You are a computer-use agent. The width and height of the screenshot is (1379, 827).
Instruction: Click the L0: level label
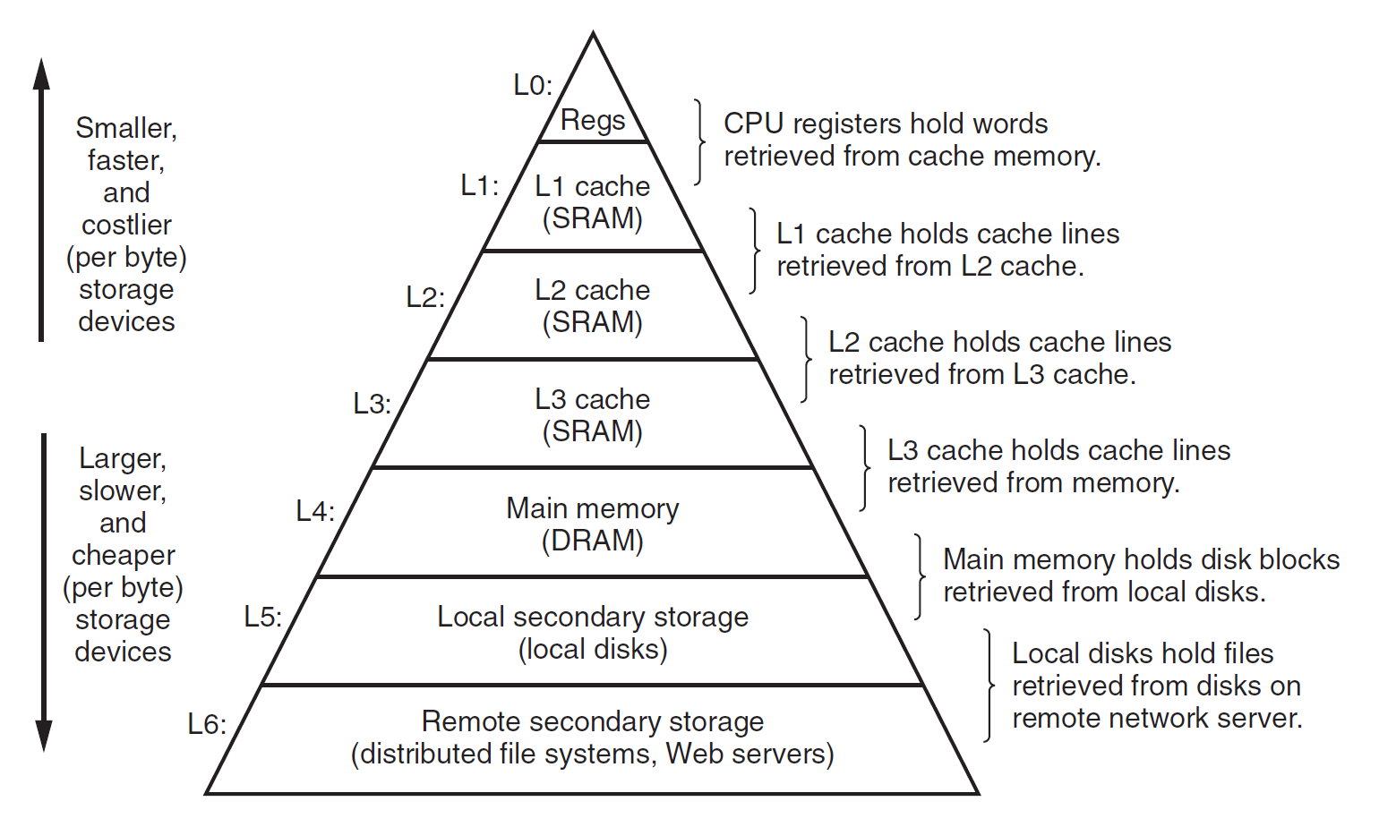point(533,85)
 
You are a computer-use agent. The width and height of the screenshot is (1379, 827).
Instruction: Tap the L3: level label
point(372,404)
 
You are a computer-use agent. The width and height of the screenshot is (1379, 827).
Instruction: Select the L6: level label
point(207,724)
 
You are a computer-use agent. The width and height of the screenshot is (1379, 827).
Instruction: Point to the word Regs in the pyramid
point(593,120)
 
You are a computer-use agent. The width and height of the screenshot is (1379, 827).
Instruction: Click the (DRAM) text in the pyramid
point(593,541)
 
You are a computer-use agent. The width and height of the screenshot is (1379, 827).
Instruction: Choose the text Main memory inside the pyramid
point(593,508)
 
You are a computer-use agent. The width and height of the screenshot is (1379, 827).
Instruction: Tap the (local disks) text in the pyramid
point(593,649)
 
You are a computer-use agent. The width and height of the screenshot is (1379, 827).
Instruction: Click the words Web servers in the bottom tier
point(749,754)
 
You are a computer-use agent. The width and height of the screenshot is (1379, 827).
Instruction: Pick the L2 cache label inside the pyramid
point(593,290)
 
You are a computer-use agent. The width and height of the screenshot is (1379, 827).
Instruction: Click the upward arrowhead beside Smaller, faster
point(41,73)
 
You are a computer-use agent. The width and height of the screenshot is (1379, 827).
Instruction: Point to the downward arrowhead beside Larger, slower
point(43,736)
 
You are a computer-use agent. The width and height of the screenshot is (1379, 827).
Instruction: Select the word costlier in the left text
point(126,225)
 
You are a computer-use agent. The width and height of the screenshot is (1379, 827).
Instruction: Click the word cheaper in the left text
point(124,555)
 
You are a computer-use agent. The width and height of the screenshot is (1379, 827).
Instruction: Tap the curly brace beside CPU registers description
point(699,141)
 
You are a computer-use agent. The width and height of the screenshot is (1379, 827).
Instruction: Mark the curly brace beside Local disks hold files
point(989,686)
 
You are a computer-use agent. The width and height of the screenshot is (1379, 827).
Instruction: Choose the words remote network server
point(1157,718)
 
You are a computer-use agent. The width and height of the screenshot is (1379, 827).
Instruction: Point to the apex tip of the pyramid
point(593,35)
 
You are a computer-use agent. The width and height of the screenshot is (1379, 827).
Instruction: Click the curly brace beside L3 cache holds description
point(865,467)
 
